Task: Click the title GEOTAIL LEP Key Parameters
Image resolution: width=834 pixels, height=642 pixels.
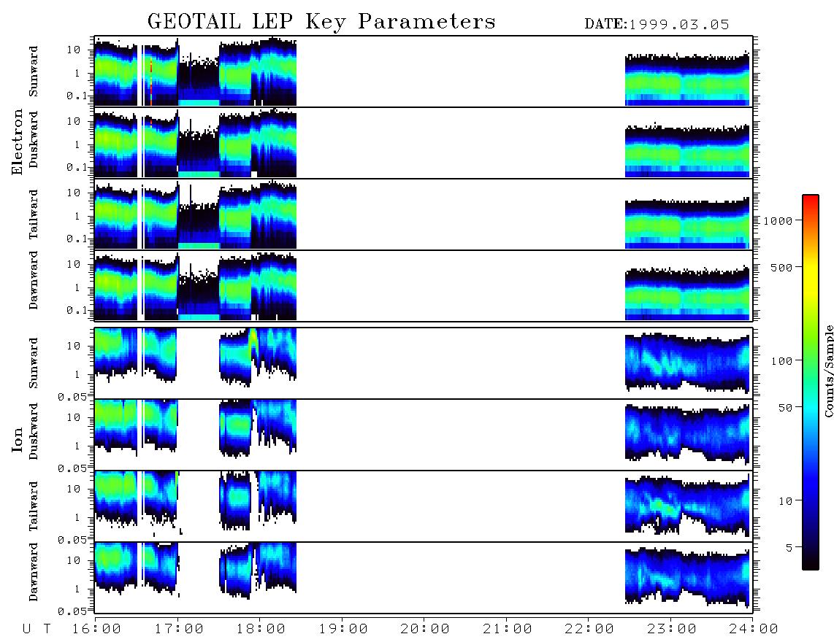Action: pos(321,22)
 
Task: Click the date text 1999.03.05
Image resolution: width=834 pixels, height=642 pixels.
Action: pos(678,25)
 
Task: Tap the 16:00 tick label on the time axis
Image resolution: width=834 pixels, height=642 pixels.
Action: pos(97,630)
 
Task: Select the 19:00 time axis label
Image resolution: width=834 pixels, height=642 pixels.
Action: pos(343,630)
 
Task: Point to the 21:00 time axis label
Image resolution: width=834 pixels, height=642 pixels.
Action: pos(508,630)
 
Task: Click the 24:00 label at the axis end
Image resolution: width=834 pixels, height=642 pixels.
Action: pos(753,630)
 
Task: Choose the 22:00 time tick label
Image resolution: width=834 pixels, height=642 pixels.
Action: pos(589,630)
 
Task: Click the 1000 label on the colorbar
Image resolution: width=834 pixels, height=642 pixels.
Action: pos(778,221)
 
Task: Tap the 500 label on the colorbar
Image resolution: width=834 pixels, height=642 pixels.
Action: pos(781,267)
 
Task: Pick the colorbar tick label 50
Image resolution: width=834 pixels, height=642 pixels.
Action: pos(785,408)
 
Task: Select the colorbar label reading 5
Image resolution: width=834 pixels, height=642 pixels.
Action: pos(789,547)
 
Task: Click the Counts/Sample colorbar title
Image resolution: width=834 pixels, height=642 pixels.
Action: pos(829,371)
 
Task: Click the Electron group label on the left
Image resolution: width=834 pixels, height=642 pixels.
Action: pos(18,142)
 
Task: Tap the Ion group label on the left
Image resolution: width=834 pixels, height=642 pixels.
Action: pos(18,439)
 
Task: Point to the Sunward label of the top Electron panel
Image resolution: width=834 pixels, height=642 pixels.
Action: pos(34,71)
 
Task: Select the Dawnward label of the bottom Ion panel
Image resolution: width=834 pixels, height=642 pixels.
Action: pos(34,572)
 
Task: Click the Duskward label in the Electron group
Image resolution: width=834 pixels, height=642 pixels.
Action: pos(34,139)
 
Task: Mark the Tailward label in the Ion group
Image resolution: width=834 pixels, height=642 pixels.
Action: pos(34,506)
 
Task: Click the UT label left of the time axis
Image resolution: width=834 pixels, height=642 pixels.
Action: pos(37,630)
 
